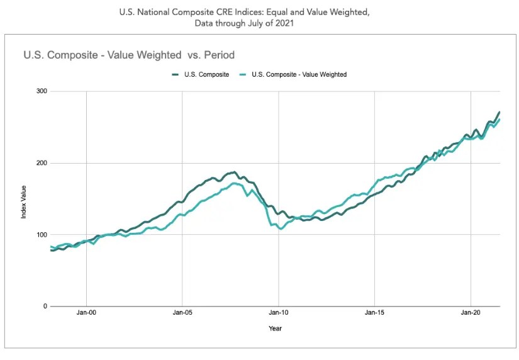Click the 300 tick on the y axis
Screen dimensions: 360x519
[x=42, y=91]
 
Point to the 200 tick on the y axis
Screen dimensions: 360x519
[x=42, y=163]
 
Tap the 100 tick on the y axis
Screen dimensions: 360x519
[x=42, y=235]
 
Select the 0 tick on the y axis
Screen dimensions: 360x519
[x=45, y=307]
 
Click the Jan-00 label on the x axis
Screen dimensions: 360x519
[x=86, y=312]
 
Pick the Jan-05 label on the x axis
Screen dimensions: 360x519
[x=182, y=312]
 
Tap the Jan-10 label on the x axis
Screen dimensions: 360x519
[x=278, y=312]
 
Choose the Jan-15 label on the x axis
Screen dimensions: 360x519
[x=374, y=312]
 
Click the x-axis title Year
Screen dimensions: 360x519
[x=276, y=328]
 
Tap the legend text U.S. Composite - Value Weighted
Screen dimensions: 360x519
[x=299, y=74]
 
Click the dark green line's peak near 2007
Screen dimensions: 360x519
[x=235, y=172]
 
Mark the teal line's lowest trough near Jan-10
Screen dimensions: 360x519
[x=281, y=228]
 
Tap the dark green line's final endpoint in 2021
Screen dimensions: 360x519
[x=499, y=112]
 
